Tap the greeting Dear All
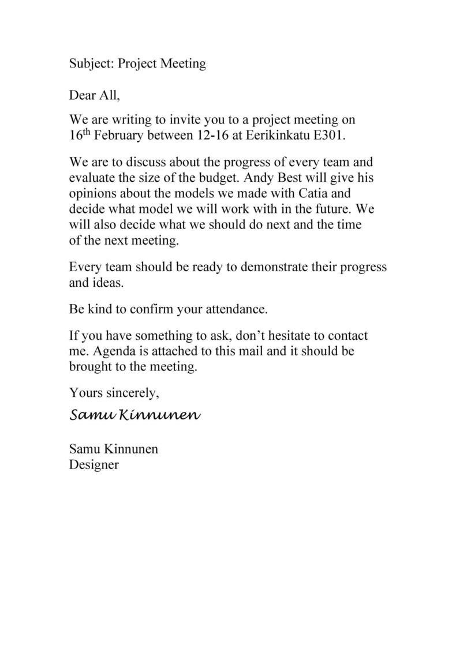95,95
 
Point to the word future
331,208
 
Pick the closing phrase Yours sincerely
114,393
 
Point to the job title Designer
94,464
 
